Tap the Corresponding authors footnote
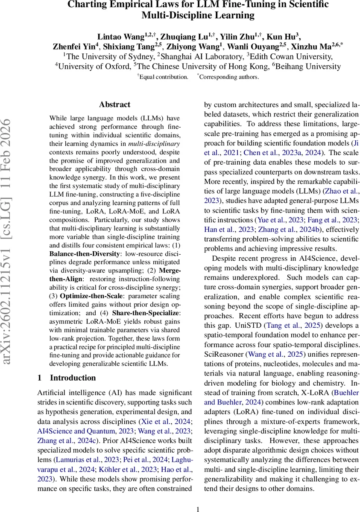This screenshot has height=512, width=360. pos(229,77)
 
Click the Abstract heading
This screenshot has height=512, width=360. pos(114,105)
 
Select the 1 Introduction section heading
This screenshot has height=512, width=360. pos(66,378)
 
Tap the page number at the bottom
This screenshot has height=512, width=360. pos(198,509)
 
